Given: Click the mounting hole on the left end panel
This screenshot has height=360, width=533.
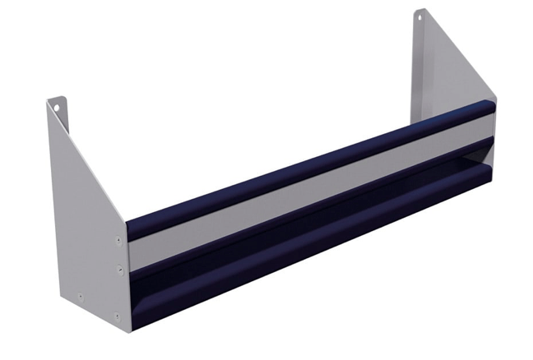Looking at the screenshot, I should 57,105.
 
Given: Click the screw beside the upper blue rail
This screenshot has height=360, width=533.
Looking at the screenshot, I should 119,241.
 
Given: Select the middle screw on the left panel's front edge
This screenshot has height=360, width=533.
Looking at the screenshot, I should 120,268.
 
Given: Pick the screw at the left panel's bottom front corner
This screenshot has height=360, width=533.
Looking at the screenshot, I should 117,315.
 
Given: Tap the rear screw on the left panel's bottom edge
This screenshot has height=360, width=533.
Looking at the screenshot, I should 80,297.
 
